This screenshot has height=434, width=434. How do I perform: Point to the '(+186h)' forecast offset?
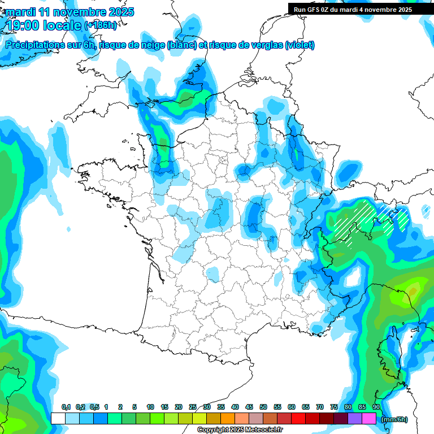pyautogui.click(x=101, y=25)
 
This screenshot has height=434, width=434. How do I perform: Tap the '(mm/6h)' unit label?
pyautogui.click(x=394, y=419)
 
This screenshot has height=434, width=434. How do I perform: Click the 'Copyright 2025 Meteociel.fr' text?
pyautogui.click(x=240, y=430)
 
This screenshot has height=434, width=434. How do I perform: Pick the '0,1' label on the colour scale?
pyautogui.click(x=66, y=407)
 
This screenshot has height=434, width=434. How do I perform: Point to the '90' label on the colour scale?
pyautogui.click(x=376, y=407)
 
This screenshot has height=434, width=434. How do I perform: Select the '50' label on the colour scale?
pyautogui.click(x=263, y=407)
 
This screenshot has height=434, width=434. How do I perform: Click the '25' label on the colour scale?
pyautogui.click(x=193, y=407)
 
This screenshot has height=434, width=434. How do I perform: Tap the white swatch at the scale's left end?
pyautogui.click(x=58, y=419)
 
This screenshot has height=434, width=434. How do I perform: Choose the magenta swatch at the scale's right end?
pyautogui.click(x=369, y=419)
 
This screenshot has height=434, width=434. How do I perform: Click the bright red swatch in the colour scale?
pyautogui.click(x=298, y=419)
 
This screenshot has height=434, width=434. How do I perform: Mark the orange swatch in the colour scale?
pyautogui.click(x=228, y=419)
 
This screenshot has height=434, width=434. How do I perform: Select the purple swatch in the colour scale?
pyautogui.click(x=355, y=419)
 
